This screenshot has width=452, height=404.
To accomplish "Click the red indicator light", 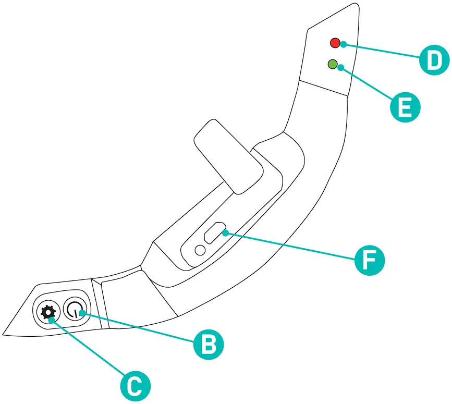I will click(x=335, y=43).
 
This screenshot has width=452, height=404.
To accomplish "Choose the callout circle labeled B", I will click(x=209, y=344).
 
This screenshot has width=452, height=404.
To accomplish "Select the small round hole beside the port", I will click(x=199, y=250).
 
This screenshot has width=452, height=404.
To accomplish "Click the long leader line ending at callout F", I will click(x=292, y=246).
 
